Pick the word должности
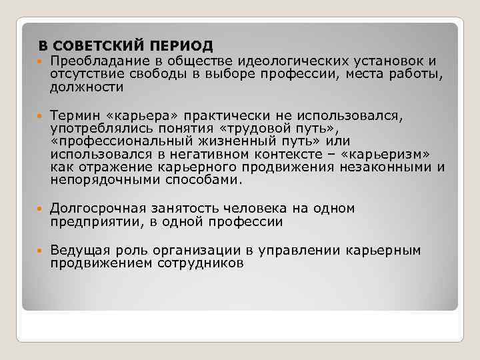[87, 87]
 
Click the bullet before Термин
[41, 117]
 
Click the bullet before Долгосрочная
[41, 209]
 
